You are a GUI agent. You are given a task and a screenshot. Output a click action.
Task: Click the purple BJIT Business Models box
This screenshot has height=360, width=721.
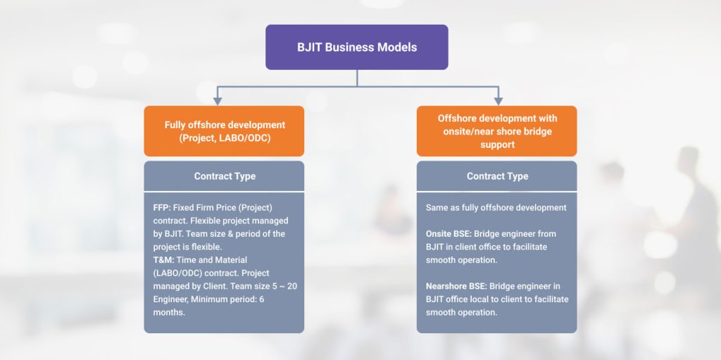click(x=357, y=47)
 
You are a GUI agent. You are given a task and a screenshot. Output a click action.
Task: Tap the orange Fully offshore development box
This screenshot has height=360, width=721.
click(x=224, y=131)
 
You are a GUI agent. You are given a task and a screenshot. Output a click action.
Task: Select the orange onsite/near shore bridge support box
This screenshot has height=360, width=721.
click(x=496, y=131)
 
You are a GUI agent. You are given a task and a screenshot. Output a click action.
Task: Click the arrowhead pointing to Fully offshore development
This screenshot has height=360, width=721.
click(x=218, y=101)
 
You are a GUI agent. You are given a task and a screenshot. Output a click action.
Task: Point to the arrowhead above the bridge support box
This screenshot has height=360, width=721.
click(x=498, y=101)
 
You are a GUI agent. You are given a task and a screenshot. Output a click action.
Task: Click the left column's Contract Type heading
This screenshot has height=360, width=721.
click(x=225, y=176)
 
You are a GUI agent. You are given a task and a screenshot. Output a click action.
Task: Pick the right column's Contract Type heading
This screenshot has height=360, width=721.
click(x=498, y=176)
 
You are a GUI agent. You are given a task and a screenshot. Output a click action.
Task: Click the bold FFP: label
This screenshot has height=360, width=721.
click(x=162, y=208)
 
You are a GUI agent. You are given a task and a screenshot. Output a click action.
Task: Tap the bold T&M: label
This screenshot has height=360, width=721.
click(x=163, y=260)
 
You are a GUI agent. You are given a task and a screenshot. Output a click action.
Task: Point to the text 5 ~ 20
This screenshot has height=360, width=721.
click(x=283, y=286)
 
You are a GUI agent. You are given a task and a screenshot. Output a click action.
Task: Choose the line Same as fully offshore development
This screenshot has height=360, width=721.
click(x=496, y=208)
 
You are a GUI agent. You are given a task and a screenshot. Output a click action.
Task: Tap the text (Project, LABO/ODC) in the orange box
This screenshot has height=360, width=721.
click(x=225, y=137)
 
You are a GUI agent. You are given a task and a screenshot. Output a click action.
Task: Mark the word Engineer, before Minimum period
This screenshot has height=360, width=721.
click(x=170, y=299)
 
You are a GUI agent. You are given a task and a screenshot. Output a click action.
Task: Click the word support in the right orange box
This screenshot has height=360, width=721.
click(x=498, y=144)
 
